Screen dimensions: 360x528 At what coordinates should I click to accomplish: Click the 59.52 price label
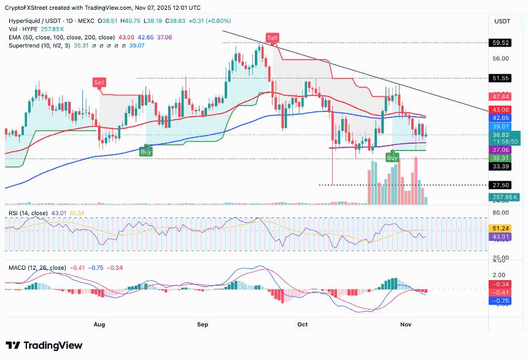tap(500, 43)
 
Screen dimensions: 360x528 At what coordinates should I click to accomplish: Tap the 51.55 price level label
tap(500, 78)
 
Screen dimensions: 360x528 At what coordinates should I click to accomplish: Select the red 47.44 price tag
tap(500, 96)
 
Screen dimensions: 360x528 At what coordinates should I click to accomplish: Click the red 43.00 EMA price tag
tap(500, 109)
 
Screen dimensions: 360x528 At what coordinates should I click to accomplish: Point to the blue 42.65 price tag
tap(500, 117)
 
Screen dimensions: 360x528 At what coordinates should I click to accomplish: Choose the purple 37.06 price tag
tap(500, 150)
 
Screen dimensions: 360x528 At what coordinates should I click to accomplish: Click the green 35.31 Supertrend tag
tap(500, 158)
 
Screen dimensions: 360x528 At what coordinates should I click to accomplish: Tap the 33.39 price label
tap(500, 166)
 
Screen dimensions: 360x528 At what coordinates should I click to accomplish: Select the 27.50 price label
tap(500, 185)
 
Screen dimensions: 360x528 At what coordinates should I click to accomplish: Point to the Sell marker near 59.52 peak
tap(272, 38)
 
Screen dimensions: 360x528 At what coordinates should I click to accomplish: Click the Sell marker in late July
tap(98, 82)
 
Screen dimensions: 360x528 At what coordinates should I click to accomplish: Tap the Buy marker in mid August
tap(146, 152)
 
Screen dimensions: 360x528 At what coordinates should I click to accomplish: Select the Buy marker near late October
tap(392, 158)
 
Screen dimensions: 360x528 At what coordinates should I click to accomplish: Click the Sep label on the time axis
tap(203, 323)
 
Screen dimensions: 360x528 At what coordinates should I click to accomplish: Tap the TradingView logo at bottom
tap(44, 346)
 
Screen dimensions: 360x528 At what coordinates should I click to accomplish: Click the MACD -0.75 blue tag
tap(500, 301)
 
